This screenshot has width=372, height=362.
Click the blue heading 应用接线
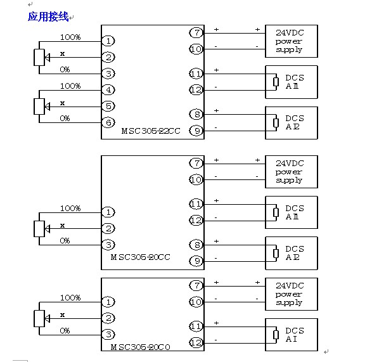click(x=48, y=17)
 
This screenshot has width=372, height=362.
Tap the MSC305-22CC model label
click(x=151, y=131)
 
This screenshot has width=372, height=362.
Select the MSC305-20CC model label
click(x=140, y=257)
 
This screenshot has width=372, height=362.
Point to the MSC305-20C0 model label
click(x=140, y=347)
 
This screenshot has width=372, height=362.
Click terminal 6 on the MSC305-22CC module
click(x=108, y=122)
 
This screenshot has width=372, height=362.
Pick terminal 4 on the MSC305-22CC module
click(x=108, y=90)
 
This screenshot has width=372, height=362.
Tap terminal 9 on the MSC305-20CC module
click(x=196, y=261)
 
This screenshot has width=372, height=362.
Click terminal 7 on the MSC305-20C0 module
click(x=196, y=285)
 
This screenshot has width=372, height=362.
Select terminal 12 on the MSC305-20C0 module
click(x=196, y=342)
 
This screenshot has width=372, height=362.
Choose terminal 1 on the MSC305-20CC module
click(x=108, y=212)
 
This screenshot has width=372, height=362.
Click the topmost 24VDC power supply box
click(x=292, y=41)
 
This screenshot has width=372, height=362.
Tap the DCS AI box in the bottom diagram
click(x=292, y=335)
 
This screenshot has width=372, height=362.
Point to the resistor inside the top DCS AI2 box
click(x=276, y=123)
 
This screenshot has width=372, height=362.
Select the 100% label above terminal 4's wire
click(x=70, y=86)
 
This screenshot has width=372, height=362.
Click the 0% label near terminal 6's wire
click(x=65, y=118)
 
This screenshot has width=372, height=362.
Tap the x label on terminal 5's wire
click(x=62, y=103)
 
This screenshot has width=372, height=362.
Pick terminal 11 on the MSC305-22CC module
click(x=196, y=74)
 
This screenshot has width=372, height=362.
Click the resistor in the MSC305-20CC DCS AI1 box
click(x=276, y=212)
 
